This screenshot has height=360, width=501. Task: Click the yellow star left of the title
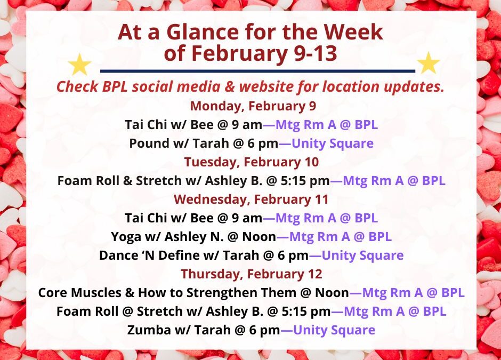tap(80, 65)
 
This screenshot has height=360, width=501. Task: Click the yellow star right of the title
tap(428, 63)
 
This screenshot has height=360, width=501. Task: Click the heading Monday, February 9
tap(253, 106)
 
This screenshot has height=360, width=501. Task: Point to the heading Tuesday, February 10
tap(252, 162)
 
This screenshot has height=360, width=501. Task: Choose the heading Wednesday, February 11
tap(251, 199)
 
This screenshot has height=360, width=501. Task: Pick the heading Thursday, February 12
tap(252, 274)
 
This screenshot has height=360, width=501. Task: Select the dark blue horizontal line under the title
tap(257, 70)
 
